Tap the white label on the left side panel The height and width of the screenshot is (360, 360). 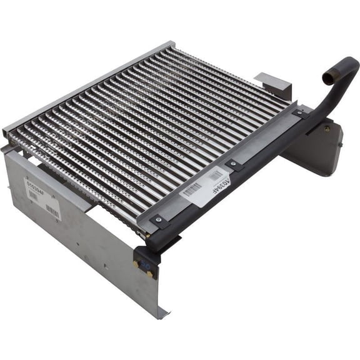pyautogui.click(x=41, y=198)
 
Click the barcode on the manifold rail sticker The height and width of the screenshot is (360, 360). pyautogui.click(x=192, y=189)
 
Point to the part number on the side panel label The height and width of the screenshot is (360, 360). pyautogui.click(x=36, y=186)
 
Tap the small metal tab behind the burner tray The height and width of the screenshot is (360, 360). pyautogui.click(x=274, y=85)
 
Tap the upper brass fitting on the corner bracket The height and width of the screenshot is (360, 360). pyautogui.click(x=136, y=264)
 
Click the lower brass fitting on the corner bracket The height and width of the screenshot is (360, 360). pyautogui.click(x=149, y=274)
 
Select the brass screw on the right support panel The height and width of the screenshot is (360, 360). pyautogui.click(x=326, y=129)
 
